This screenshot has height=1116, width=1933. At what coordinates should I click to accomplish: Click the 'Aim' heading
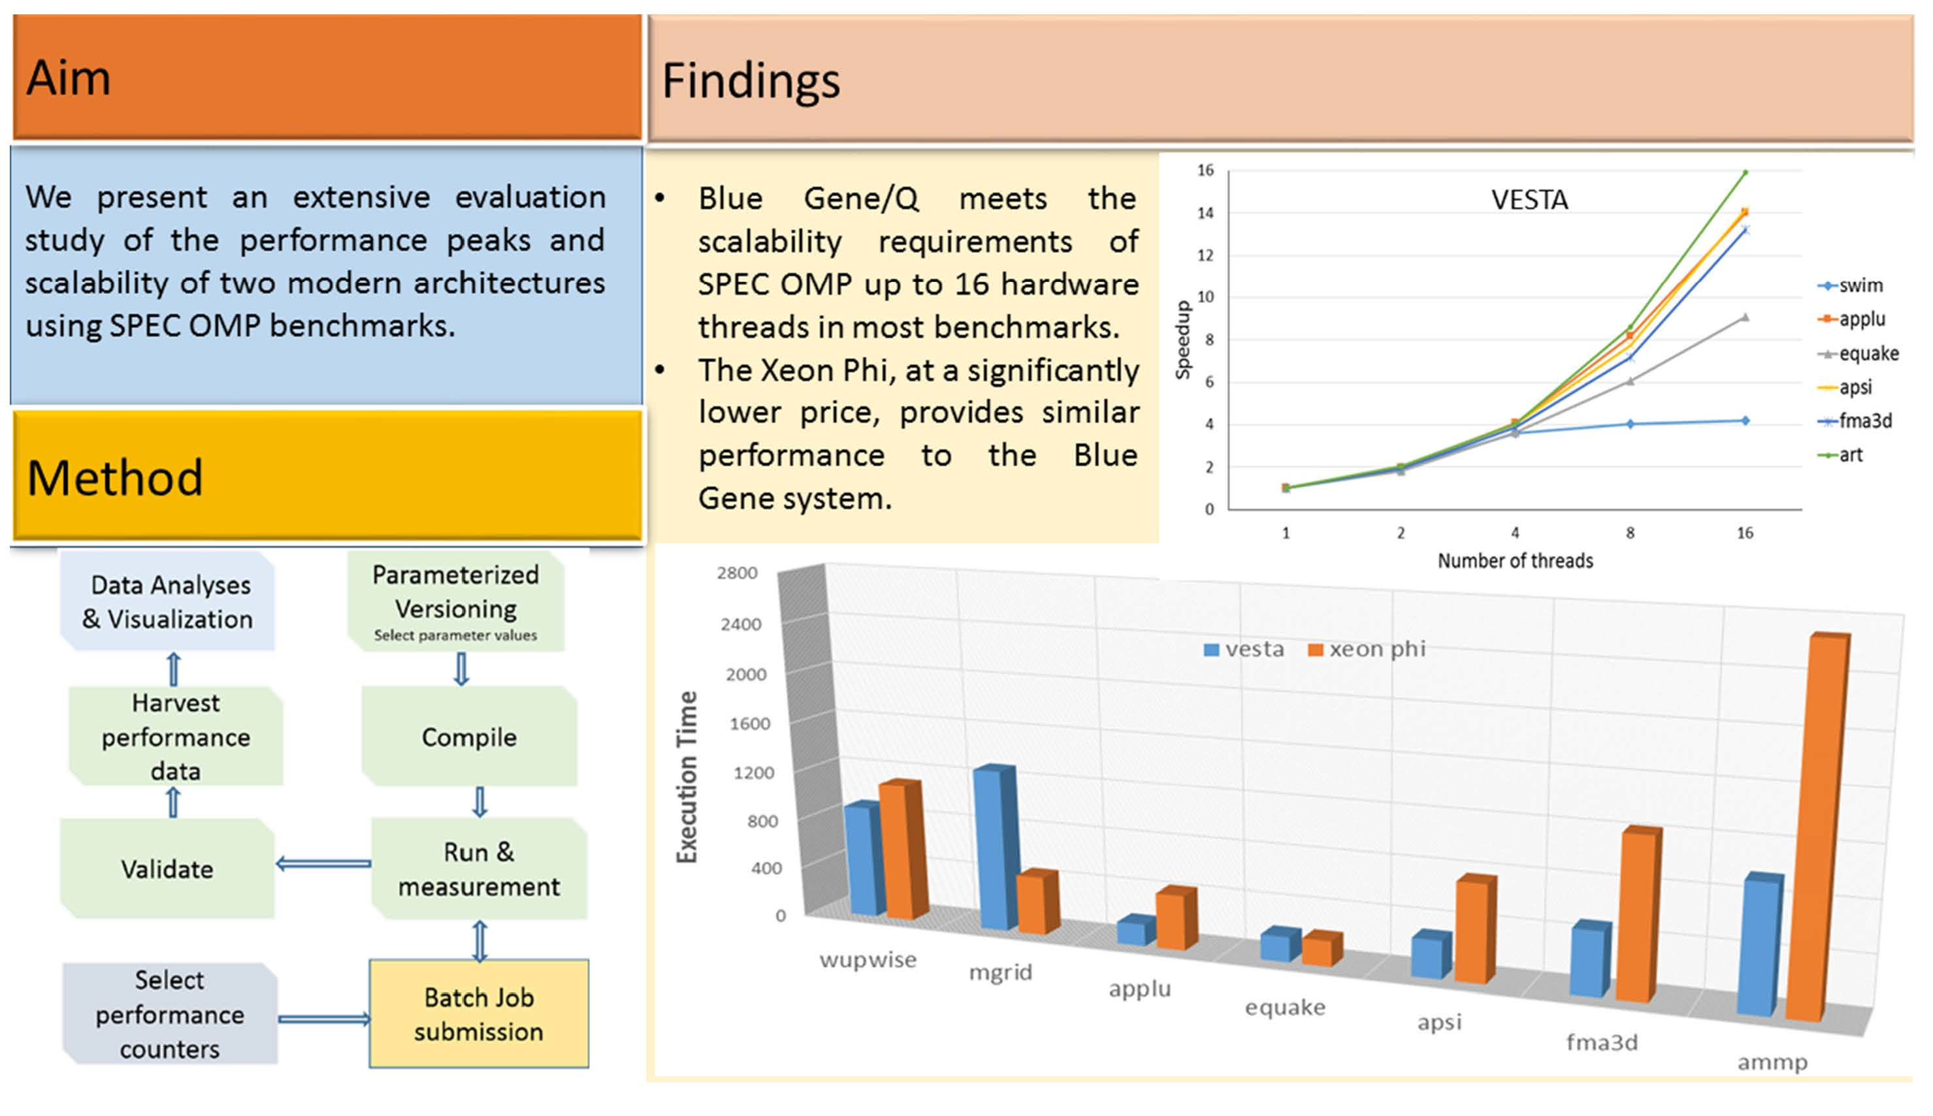(69, 78)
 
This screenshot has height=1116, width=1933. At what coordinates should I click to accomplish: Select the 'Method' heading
(115, 477)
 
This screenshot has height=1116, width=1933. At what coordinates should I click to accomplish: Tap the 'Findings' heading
(751, 81)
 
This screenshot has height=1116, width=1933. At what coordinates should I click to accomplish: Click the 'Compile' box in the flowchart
(468, 737)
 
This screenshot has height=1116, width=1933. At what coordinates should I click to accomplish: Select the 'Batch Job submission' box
(478, 1013)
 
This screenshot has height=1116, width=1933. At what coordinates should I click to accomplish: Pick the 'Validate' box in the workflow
(167, 869)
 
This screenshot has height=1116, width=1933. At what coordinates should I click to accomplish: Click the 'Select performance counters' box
(169, 1013)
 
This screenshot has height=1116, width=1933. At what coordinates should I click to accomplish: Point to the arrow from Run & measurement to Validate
(323, 864)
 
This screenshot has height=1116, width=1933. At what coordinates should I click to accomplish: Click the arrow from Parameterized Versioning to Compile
(461, 669)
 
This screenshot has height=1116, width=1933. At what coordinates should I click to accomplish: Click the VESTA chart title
(1529, 200)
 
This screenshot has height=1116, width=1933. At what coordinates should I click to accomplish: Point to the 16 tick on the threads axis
(1744, 533)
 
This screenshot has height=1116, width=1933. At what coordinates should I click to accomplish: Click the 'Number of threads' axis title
(1515, 561)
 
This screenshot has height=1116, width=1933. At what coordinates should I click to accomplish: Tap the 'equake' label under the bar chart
(1285, 1007)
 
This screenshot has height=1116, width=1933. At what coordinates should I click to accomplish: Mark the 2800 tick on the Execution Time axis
(737, 573)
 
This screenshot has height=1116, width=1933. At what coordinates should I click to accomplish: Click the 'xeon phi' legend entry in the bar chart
(1368, 649)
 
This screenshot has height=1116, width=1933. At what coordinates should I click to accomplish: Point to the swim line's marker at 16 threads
(1745, 421)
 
